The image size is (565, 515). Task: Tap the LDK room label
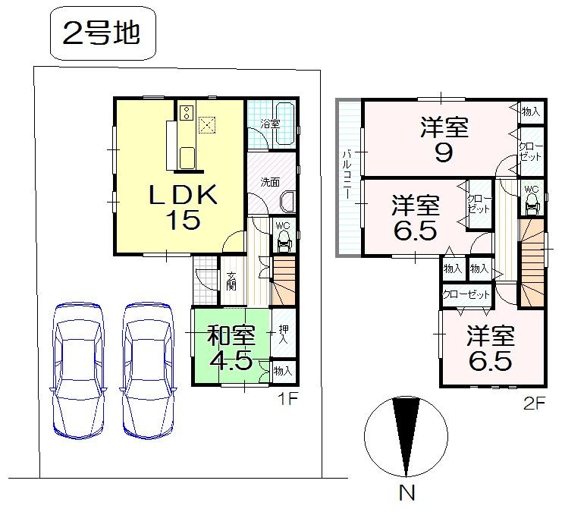183,195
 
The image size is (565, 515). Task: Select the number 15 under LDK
183,220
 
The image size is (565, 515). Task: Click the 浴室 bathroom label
269,123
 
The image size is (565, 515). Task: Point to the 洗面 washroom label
270,182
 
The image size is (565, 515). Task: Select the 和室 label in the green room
230,334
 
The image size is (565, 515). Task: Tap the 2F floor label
534,404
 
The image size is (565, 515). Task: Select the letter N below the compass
407,493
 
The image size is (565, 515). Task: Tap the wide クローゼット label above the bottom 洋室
466,294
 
